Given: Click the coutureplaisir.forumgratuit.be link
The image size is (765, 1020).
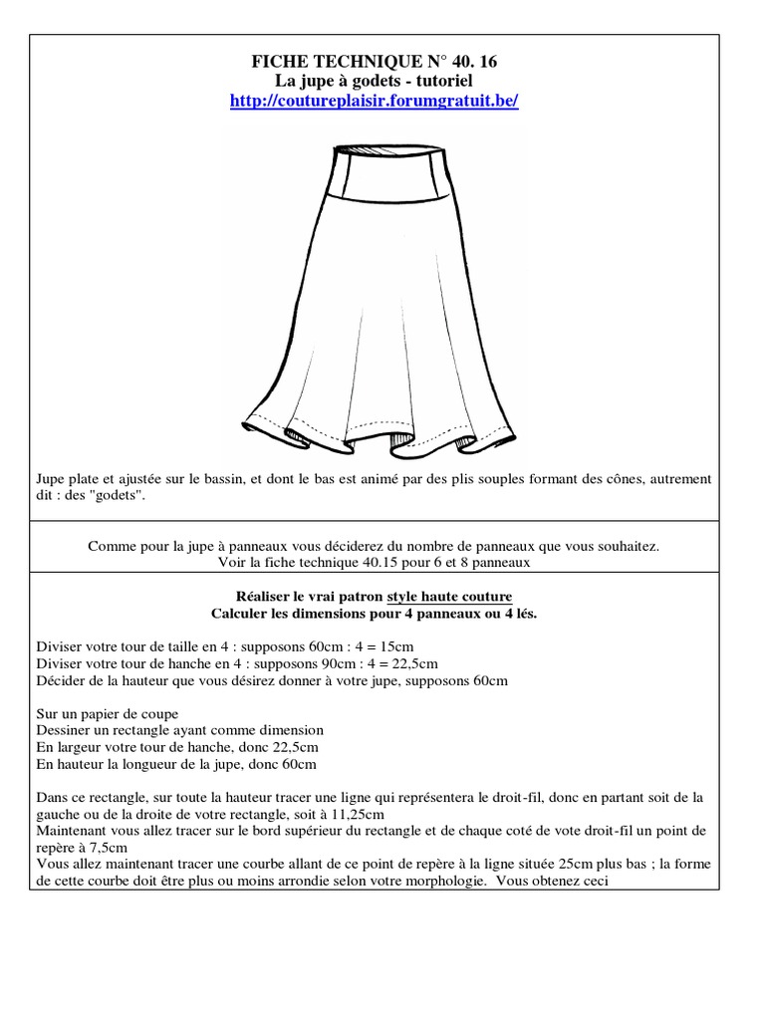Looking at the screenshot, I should (374, 102).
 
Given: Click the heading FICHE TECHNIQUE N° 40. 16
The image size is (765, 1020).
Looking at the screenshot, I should (374, 62).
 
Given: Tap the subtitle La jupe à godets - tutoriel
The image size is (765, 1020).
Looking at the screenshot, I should (374, 81).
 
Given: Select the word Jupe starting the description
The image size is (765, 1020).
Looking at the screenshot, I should (51, 478).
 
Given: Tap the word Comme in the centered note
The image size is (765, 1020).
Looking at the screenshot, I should (110, 546).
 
